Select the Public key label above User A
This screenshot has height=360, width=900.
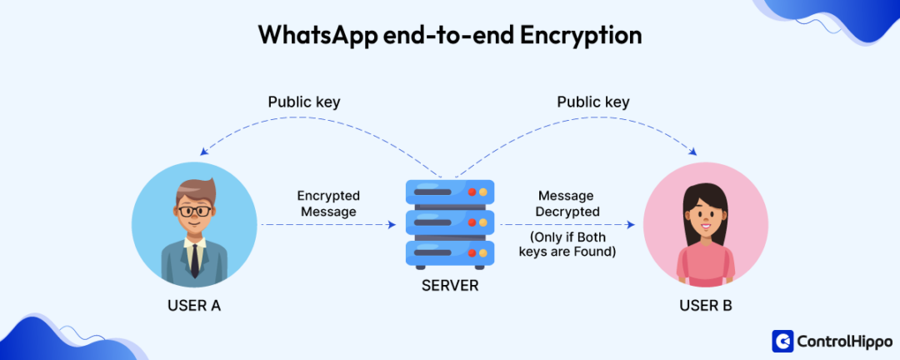point(304,102)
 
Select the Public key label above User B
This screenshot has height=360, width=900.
point(593,102)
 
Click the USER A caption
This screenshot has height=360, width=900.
point(194,306)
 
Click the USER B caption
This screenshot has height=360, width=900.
point(706,306)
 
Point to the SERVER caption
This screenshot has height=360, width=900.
point(450,286)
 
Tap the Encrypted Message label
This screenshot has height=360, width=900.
point(328,203)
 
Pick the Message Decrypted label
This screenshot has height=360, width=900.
point(567,203)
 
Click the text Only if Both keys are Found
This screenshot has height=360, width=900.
point(567,243)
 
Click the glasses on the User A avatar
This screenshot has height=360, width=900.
point(195,212)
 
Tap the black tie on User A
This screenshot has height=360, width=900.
point(194,260)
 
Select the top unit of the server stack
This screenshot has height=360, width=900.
point(450,192)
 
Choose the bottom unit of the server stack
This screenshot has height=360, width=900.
point(450,252)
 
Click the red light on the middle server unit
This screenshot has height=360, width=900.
point(472,222)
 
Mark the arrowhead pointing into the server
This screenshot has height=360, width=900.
point(392,225)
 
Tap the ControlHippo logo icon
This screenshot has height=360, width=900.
point(783,341)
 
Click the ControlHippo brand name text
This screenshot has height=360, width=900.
point(843,341)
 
